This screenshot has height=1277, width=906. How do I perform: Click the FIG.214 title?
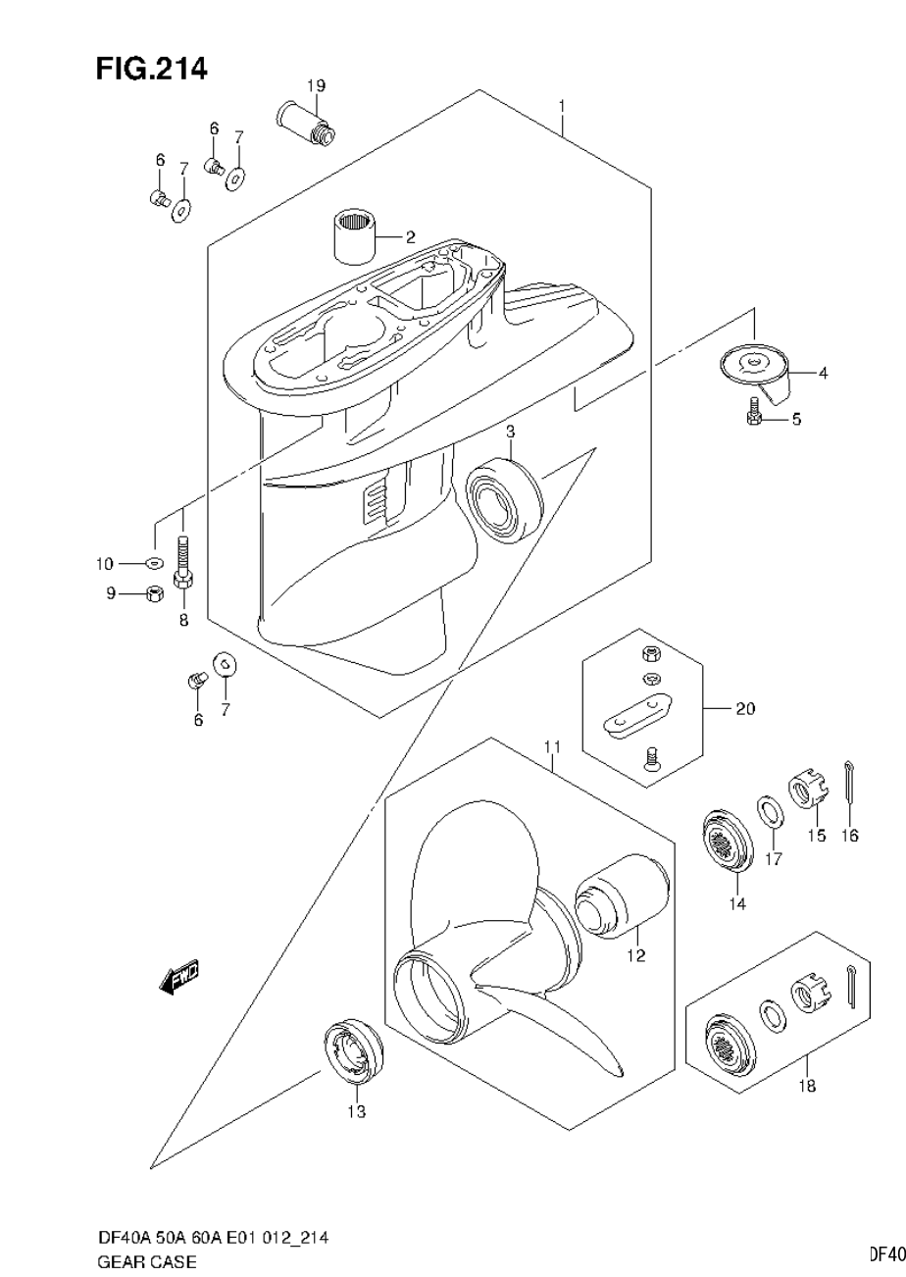[151, 69]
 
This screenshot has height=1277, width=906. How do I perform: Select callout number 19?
[315, 85]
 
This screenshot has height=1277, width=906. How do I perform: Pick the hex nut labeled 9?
[153, 593]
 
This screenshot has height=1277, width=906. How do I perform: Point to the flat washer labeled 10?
[154, 563]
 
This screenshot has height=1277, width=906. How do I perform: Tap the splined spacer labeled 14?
[728, 842]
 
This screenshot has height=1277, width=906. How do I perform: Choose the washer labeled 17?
[770, 812]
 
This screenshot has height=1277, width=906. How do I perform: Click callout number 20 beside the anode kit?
[745, 707]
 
